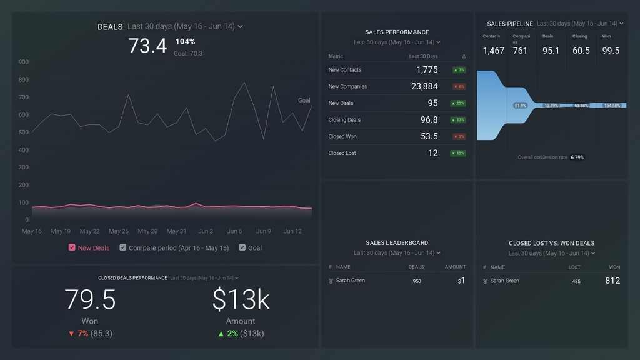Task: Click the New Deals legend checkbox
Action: point(72,247)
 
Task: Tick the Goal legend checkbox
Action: point(242,247)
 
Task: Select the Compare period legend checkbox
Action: point(123,247)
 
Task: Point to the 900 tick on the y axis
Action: point(23,62)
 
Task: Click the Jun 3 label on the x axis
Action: point(205,231)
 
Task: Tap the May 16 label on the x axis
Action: point(32,231)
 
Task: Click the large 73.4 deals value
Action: point(147,46)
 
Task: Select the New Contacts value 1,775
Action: point(427,70)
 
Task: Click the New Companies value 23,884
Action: point(424,86)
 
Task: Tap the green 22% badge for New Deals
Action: point(458,103)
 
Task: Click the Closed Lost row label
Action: point(342,153)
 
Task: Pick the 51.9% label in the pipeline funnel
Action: point(520,106)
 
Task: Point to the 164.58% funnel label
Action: point(612,106)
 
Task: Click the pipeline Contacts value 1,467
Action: point(493,51)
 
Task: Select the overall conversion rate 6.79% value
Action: point(577,157)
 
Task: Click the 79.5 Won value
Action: point(90,300)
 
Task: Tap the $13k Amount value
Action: point(241,300)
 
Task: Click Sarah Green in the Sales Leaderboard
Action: point(350,281)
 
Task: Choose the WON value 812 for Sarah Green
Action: point(612,281)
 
